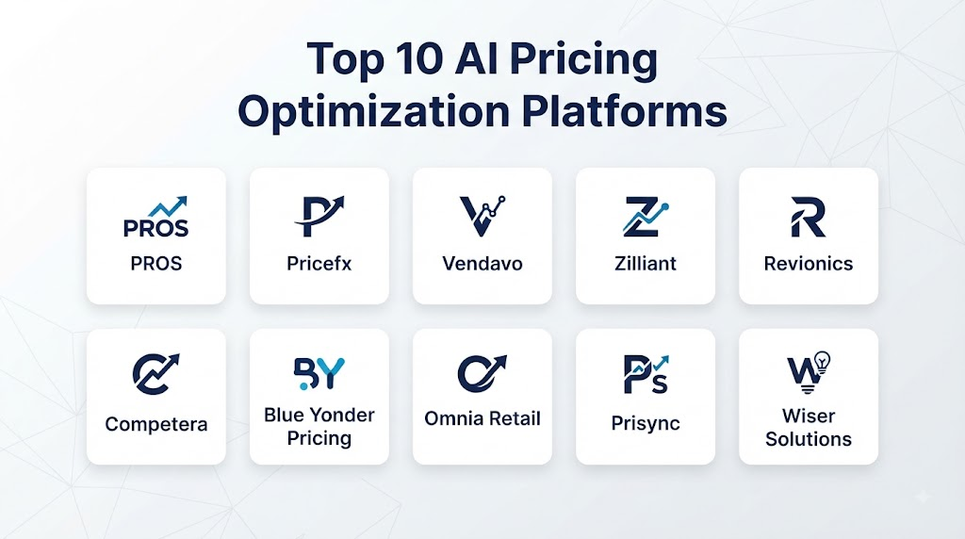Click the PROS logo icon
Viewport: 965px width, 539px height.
point(155,217)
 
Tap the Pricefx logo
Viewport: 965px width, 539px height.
point(319,216)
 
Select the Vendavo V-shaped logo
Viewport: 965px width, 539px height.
point(482,216)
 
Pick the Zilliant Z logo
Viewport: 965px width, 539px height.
point(645,217)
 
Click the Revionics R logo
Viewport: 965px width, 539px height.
point(808,217)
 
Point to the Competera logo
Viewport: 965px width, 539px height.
point(155,373)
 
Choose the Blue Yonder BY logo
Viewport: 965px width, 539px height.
point(319,373)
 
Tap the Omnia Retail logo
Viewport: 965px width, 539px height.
point(482,373)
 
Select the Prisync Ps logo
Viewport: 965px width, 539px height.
point(646,373)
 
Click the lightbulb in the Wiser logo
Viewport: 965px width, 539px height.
point(822,361)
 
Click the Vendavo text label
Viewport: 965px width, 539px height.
point(482,263)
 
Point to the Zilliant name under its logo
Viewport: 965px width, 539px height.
point(646,263)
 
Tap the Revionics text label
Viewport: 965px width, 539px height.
point(809,263)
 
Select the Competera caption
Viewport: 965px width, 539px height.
point(156,424)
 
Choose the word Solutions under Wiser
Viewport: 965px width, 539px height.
point(809,439)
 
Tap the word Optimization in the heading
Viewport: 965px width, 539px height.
point(373,112)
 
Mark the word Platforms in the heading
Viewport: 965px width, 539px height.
point(625,111)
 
